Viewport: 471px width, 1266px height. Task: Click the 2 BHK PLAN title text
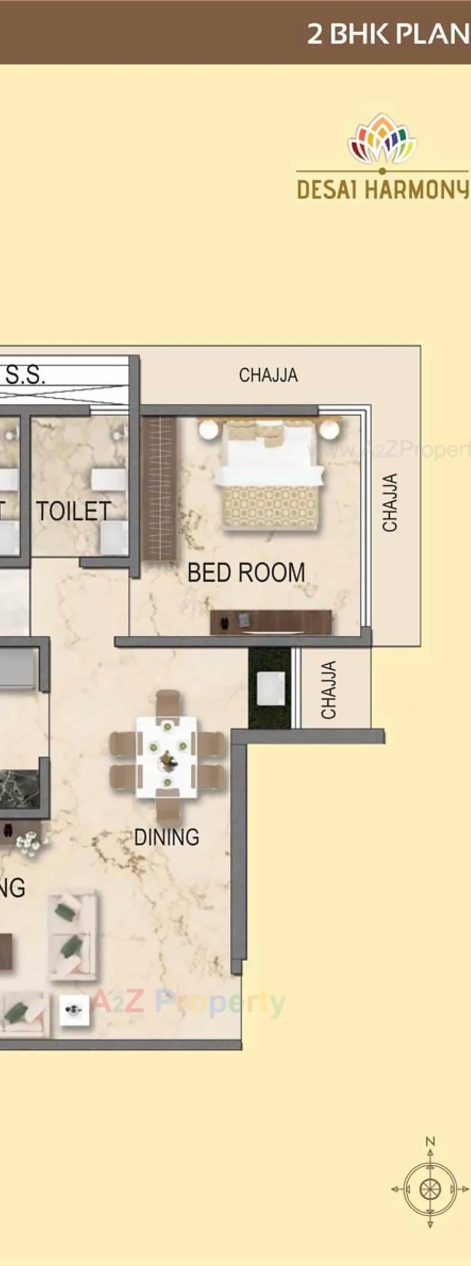(388, 34)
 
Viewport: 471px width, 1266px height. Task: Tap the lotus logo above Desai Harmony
(382, 139)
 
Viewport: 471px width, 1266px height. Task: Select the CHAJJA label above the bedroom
(268, 375)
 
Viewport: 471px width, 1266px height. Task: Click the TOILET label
(73, 512)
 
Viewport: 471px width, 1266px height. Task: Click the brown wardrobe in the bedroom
(159, 489)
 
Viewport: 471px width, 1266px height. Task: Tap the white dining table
(167, 757)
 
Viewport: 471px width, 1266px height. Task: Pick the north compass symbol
(430, 1189)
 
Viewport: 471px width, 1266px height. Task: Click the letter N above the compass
(430, 1142)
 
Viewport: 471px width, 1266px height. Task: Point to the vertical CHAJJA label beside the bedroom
(390, 502)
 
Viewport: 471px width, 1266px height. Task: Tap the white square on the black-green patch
(271, 689)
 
